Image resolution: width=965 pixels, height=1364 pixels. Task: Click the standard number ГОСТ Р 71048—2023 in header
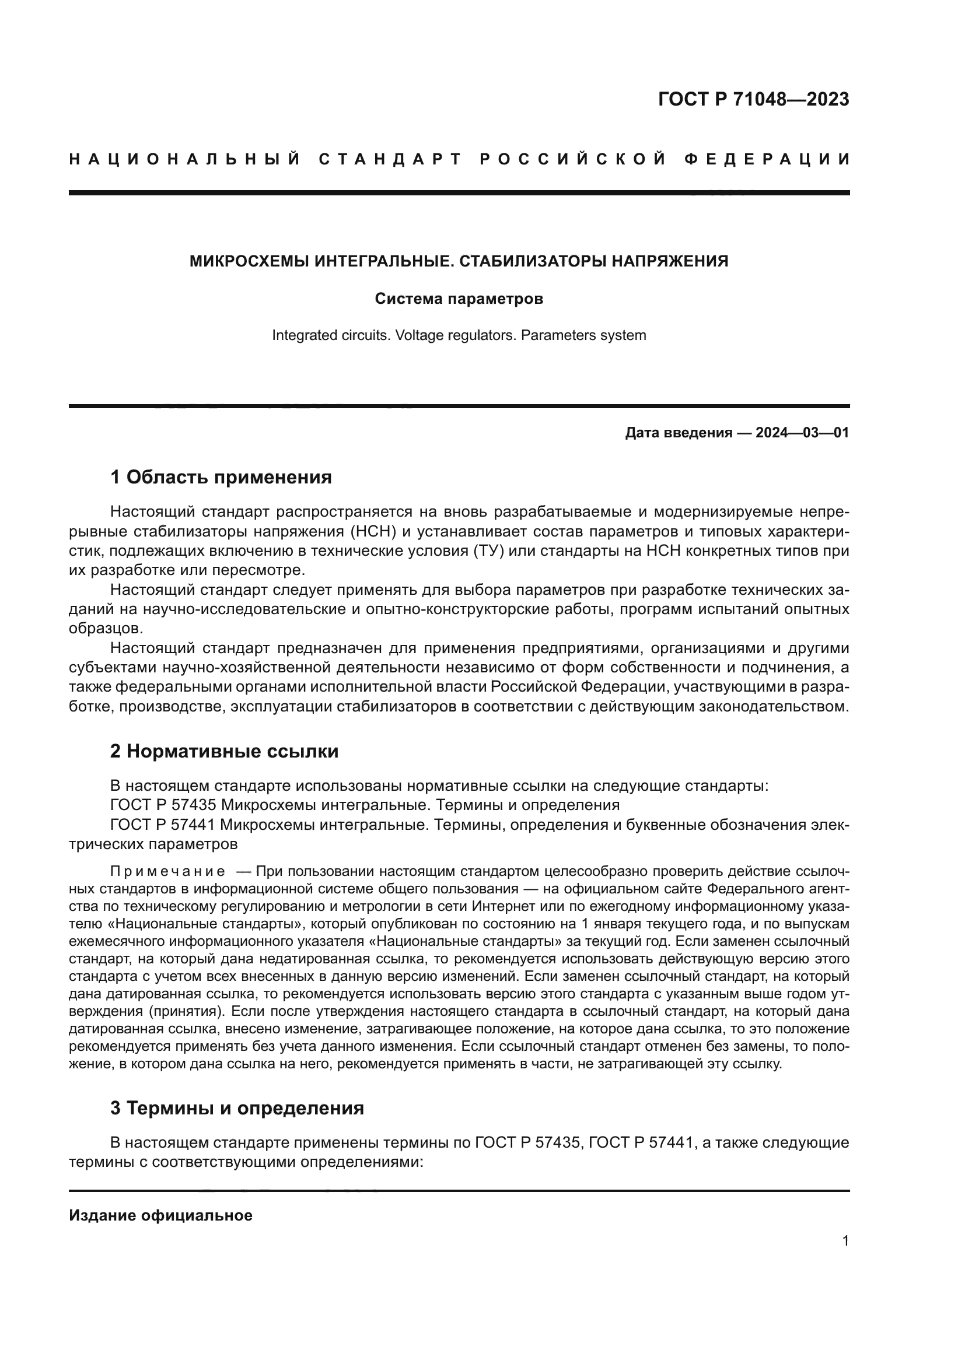tap(753, 99)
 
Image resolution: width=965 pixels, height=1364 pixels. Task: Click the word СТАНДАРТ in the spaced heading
tap(390, 160)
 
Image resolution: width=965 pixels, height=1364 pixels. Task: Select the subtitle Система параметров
tap(459, 299)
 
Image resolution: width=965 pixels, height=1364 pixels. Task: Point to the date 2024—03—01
tap(802, 433)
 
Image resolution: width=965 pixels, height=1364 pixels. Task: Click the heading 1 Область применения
tap(221, 477)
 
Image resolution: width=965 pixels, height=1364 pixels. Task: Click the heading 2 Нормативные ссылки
tap(224, 752)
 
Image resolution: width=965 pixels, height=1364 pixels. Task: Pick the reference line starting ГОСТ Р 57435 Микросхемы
tap(364, 805)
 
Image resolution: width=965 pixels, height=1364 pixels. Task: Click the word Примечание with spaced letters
tap(167, 871)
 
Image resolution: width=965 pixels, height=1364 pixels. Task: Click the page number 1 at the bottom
tap(845, 1241)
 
